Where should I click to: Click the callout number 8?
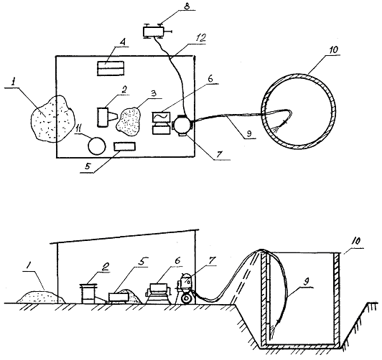tap(187, 6)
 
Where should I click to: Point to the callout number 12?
tap(201, 38)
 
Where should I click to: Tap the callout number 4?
tap(123, 42)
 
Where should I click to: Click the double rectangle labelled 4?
tap(111, 68)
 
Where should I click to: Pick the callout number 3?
tap(154, 94)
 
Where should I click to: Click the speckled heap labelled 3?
tap(129, 121)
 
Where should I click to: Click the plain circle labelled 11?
tap(97, 146)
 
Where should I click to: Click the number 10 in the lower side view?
tap(356, 241)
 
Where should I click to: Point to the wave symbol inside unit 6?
tap(161, 117)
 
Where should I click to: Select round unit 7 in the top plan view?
tap(183, 125)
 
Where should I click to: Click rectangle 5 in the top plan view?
tap(124, 146)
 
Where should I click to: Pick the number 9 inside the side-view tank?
tap(306, 282)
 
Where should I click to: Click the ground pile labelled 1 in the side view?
tap(41, 297)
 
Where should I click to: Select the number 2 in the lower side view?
tap(106, 267)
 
